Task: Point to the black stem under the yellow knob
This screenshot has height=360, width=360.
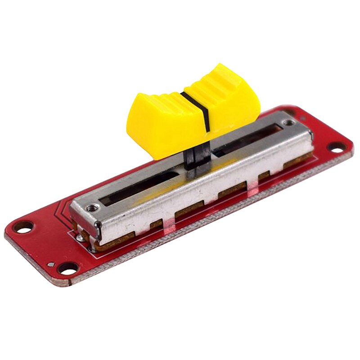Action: tap(197, 160)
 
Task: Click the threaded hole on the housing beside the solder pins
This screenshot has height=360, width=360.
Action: tap(93, 208)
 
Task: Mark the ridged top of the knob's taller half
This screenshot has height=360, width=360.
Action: tap(220, 81)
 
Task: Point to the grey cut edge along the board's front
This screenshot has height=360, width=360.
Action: tap(202, 234)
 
